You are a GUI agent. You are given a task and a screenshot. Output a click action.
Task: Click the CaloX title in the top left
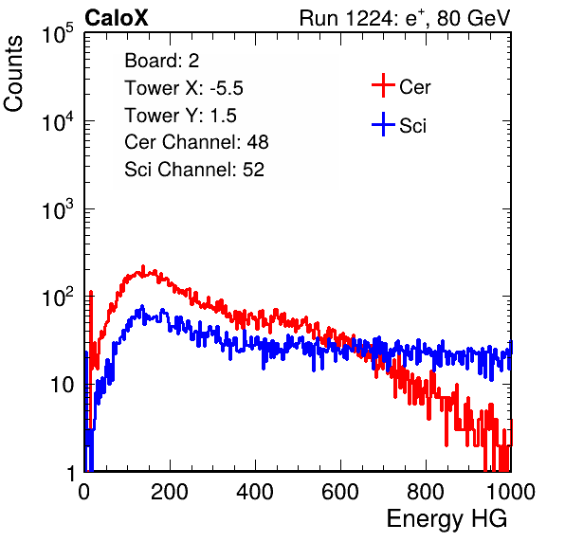coord(117,18)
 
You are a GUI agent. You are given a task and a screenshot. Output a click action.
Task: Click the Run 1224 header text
coord(405,18)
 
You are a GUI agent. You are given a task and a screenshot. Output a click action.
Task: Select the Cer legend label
coord(414,87)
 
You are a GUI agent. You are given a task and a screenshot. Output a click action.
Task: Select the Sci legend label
coord(412,126)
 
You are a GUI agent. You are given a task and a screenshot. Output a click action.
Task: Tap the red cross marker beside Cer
coord(383,85)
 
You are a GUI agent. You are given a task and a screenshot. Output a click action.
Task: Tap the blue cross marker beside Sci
coord(383,124)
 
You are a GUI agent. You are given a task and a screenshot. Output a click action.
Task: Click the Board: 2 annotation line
coord(162,61)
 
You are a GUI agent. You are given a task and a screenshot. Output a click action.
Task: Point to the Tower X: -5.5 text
coord(184,88)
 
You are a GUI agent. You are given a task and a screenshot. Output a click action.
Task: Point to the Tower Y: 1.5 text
coord(180,116)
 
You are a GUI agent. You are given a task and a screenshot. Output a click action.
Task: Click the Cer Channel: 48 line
coord(196,142)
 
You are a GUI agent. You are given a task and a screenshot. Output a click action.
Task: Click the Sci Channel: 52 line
coord(194,170)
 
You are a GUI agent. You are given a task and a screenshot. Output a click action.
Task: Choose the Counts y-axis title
coord(13,74)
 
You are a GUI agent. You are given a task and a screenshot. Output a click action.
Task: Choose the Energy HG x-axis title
coord(447,519)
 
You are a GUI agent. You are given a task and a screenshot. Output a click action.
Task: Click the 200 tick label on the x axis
coord(170,491)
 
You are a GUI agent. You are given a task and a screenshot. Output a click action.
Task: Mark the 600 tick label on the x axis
coord(340,491)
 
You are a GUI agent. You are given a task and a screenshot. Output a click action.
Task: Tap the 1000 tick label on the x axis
coord(511,491)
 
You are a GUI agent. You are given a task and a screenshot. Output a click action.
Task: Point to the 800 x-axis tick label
coord(426,491)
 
